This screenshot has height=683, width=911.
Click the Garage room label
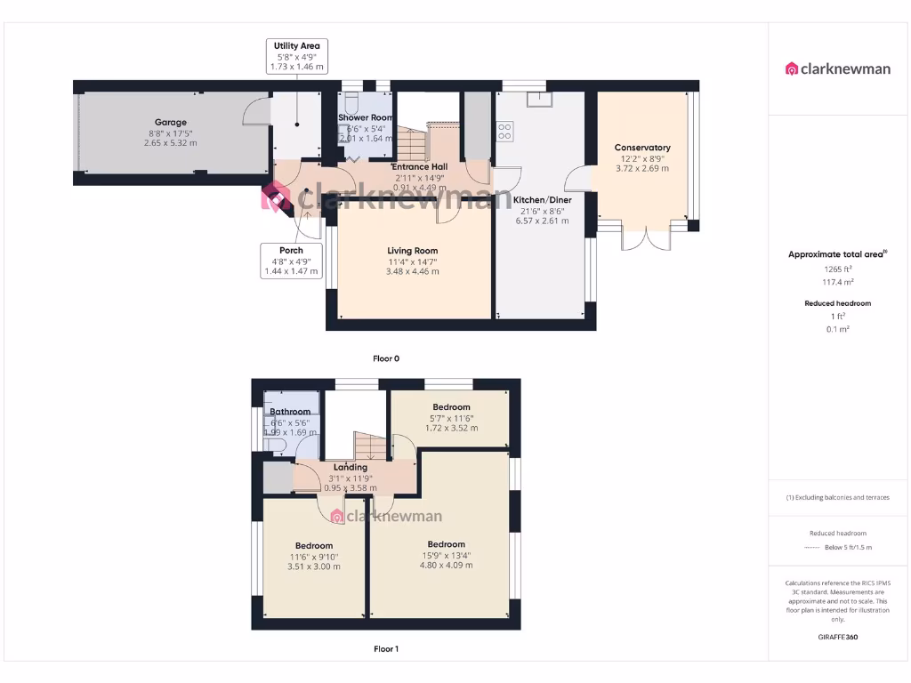pyautogui.click(x=170, y=123)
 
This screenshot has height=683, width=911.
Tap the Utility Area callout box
pyautogui.click(x=296, y=55)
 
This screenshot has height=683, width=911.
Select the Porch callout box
pyautogui.click(x=291, y=261)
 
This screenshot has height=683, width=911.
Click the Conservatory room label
pyautogui.click(x=641, y=148)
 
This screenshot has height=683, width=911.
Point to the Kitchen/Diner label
pyautogui.click(x=543, y=200)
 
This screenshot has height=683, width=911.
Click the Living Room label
pyautogui.click(x=412, y=251)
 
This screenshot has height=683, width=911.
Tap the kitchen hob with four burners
pyautogui.click(x=504, y=133)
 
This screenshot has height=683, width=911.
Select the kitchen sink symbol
pyautogui.click(x=538, y=99)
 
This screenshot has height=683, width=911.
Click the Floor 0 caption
pyautogui.click(x=385, y=358)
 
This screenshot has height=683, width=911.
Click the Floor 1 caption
pyautogui.click(x=385, y=649)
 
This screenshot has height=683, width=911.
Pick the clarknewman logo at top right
pyautogui.click(x=837, y=68)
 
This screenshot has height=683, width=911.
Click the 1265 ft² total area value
pyautogui.click(x=836, y=269)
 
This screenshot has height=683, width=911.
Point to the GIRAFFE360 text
pyautogui.click(x=836, y=637)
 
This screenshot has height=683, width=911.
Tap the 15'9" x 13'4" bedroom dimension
pyautogui.click(x=446, y=556)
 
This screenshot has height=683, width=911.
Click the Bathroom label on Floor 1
pyautogui.click(x=290, y=412)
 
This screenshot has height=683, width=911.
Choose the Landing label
pyautogui.click(x=350, y=467)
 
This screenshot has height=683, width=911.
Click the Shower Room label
pyautogui.click(x=366, y=117)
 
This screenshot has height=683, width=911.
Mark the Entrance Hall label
pyautogui.click(x=420, y=166)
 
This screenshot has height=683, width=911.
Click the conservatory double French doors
pyautogui.click(x=647, y=239)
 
